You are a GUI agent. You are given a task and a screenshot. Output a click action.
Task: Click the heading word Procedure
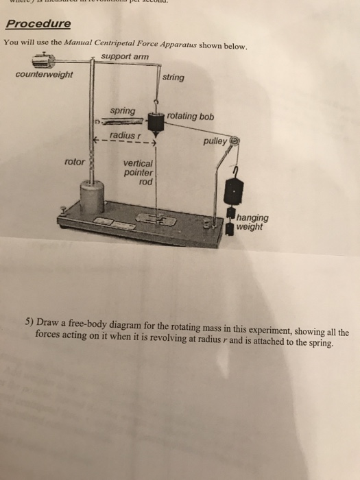pos(38,24)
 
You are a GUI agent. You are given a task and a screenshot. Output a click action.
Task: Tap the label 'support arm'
pos(124,56)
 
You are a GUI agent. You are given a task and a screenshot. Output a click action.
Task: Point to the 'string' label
pos(173,77)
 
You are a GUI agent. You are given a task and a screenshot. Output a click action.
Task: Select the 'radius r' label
pos(124,136)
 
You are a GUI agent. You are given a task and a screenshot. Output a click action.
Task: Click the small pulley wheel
pos(235,139)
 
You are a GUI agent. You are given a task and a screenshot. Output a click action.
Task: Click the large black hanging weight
pos(235,189)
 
